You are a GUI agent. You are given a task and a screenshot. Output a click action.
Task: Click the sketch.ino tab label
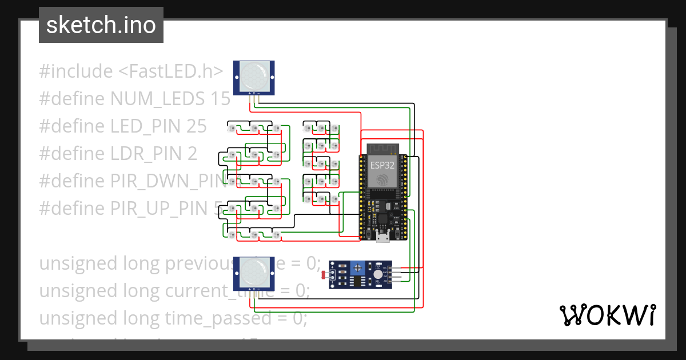pos(101,25)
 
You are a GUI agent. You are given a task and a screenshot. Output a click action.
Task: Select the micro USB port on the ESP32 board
pos(383,237)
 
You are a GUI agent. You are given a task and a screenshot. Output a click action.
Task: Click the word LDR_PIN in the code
pos(145,154)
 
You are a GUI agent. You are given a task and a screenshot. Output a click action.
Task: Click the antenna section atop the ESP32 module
pos(382,149)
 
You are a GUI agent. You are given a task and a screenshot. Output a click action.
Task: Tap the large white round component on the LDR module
pos(378,275)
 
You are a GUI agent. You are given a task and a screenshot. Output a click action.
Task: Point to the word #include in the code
pos(76,71)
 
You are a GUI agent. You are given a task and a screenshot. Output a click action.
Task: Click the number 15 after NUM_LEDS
pos(220,99)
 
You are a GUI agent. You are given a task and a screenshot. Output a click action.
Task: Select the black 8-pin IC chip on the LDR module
pos(357,281)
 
